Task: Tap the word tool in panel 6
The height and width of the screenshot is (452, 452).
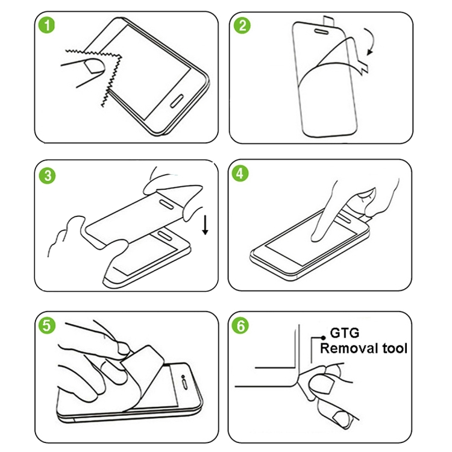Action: pyautogui.click(x=395, y=348)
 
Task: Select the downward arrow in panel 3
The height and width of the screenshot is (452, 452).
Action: pyautogui.click(x=206, y=225)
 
